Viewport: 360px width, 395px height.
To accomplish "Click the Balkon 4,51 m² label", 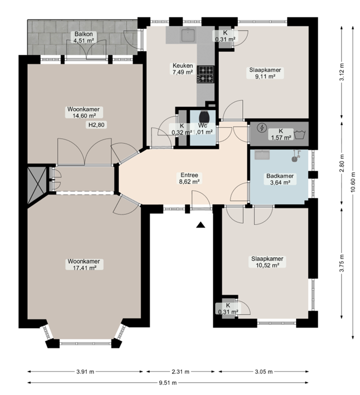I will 83,37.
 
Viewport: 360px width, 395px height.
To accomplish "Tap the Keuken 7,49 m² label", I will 183,69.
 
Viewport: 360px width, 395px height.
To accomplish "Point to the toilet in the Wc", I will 205,117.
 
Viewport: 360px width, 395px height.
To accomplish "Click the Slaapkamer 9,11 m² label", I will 266,73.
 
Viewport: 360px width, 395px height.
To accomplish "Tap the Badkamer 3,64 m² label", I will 280,179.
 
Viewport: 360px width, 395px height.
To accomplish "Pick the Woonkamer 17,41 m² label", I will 83,264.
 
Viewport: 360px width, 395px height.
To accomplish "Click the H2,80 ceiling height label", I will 96,125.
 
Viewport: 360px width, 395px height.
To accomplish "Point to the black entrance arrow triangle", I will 201,224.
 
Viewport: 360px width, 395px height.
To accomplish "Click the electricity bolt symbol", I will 262,129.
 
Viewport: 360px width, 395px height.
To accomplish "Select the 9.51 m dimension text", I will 167,383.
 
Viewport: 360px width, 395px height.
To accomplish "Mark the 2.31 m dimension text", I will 182,371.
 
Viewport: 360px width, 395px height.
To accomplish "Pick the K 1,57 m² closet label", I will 281,134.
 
